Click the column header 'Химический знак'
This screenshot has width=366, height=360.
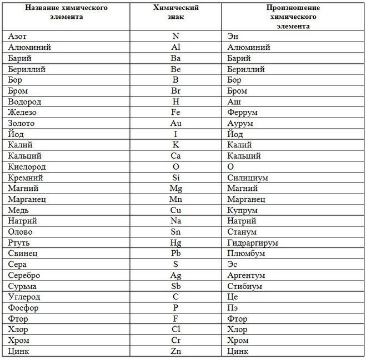176,12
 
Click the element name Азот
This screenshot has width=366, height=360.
18,37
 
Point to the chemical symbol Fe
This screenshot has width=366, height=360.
176,113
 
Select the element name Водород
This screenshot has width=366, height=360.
25,102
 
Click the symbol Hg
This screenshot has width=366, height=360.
176,242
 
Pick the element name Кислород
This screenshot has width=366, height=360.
27,166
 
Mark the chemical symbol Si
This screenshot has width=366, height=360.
176,178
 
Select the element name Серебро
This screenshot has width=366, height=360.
24,275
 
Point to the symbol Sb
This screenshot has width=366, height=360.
176,286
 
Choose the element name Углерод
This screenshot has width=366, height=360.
24,297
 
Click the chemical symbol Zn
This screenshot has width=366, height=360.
176,351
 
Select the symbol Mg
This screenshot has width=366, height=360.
176,188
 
